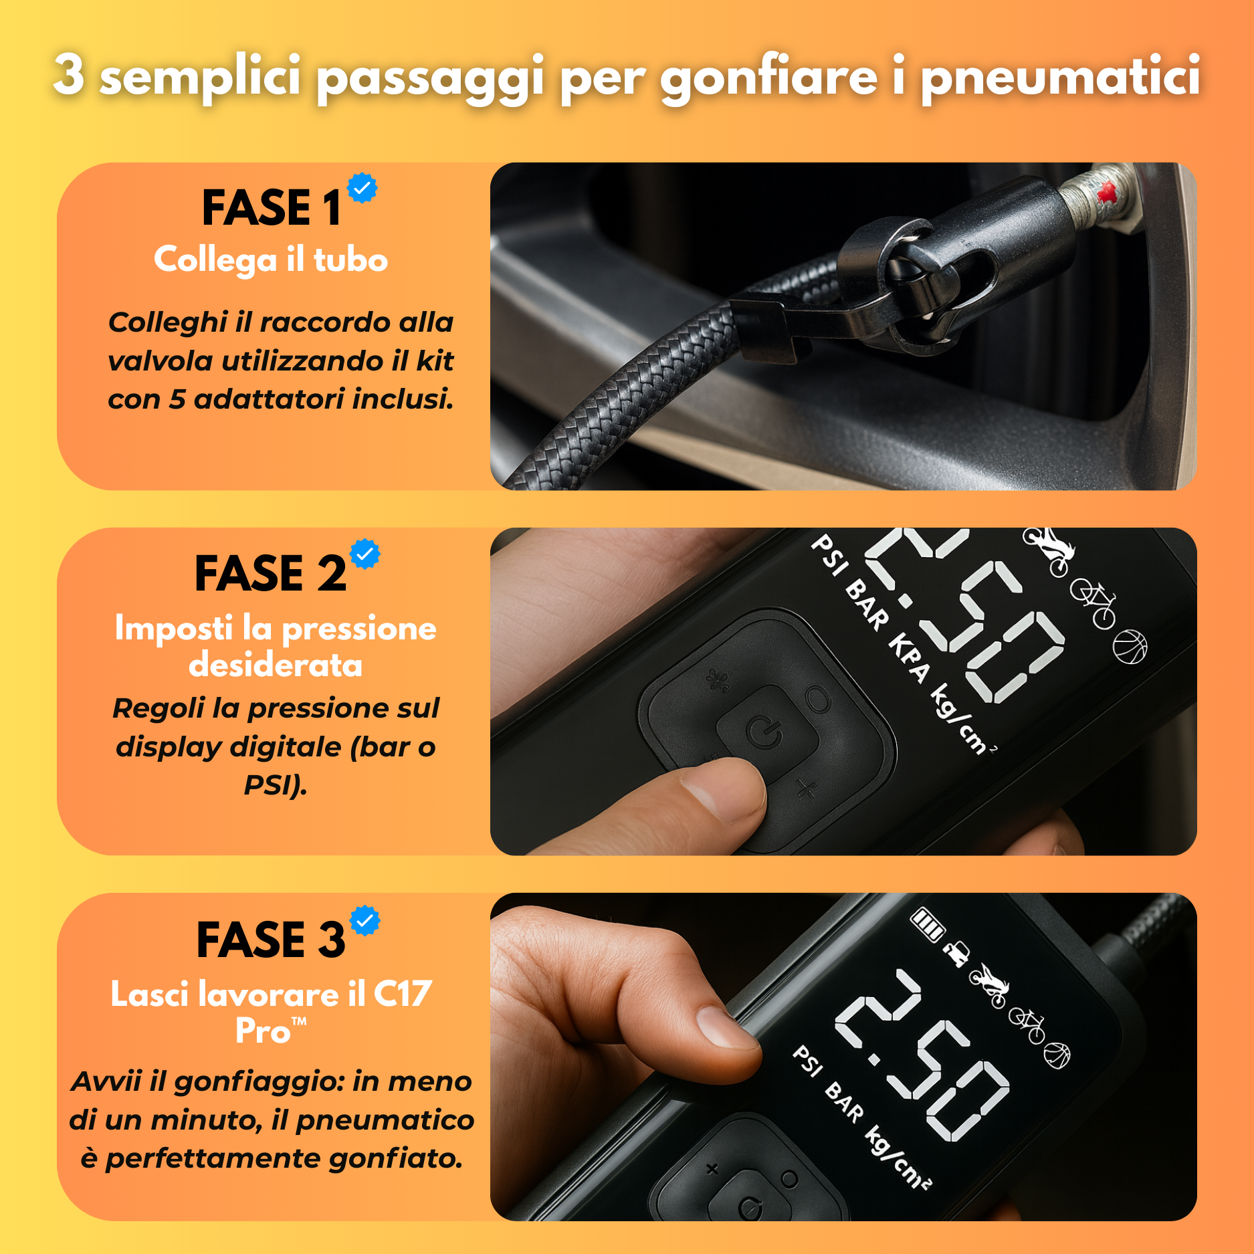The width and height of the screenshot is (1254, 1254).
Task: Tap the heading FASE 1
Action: point(272,207)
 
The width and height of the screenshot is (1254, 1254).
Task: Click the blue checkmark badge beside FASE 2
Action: point(365,554)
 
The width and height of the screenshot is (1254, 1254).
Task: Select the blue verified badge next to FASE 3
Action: point(366,921)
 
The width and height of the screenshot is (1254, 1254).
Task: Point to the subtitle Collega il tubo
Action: point(271,259)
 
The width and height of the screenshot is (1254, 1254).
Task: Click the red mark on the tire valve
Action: point(1107,192)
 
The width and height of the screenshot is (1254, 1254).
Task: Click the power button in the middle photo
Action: point(764,732)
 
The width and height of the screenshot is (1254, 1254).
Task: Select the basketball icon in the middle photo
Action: point(1130,647)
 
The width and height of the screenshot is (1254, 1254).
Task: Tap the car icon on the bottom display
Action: point(957,954)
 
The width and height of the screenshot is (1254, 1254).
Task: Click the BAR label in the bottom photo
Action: point(844,1102)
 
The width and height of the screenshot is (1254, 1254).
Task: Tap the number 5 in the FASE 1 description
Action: point(177,399)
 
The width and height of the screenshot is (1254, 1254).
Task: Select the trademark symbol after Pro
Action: point(299,1022)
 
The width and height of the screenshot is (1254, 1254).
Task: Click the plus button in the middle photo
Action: point(807,790)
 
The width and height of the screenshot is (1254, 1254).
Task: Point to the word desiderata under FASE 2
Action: point(276,665)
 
